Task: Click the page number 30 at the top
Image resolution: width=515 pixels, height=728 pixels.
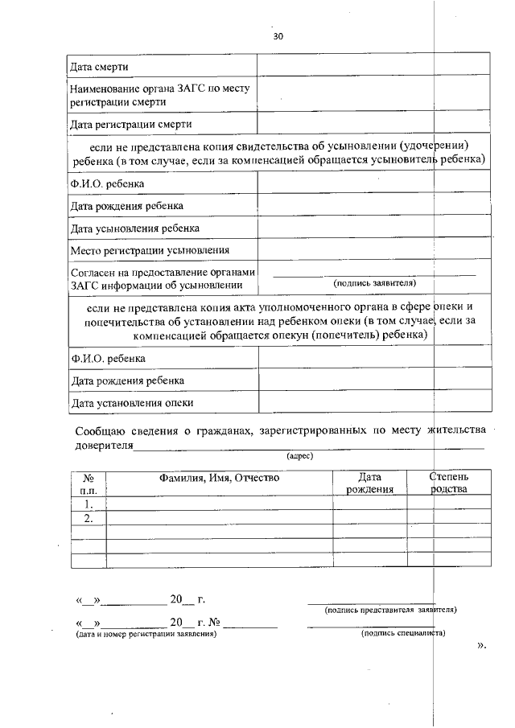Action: (278, 37)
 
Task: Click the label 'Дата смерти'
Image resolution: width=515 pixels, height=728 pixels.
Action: (99, 65)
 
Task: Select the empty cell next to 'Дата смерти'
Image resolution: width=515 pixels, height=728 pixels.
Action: (373, 64)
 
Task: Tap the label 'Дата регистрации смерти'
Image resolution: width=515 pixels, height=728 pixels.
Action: (131, 124)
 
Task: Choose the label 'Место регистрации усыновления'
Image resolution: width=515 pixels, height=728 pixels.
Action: (150, 250)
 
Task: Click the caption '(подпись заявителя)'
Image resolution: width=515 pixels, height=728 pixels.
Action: (374, 283)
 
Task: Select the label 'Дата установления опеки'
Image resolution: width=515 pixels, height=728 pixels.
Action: (132, 402)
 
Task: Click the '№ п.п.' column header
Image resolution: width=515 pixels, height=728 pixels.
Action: (89, 483)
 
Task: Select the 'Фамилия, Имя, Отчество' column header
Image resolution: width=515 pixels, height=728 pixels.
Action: (219, 477)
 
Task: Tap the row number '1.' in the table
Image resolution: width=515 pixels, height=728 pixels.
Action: (89, 504)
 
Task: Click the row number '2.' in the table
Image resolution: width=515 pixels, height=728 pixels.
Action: (89, 519)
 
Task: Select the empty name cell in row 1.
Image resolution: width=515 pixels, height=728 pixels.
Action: (220, 504)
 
